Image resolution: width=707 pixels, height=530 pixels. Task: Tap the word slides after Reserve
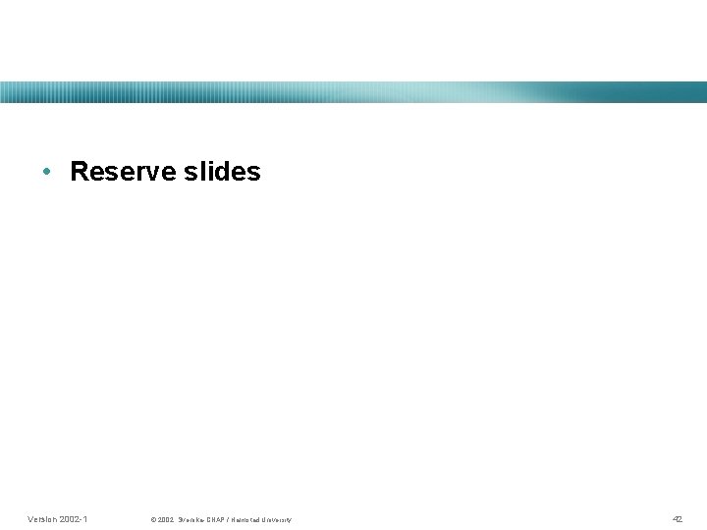(x=222, y=172)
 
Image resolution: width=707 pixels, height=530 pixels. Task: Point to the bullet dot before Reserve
(x=47, y=173)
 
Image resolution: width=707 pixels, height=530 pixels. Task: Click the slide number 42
(x=677, y=518)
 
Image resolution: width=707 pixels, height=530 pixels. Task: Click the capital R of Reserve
(x=81, y=172)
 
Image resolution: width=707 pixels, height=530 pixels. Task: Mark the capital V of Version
(x=31, y=518)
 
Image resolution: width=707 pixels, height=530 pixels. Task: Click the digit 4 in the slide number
(x=675, y=518)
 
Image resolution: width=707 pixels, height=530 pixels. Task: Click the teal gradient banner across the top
(x=353, y=92)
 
